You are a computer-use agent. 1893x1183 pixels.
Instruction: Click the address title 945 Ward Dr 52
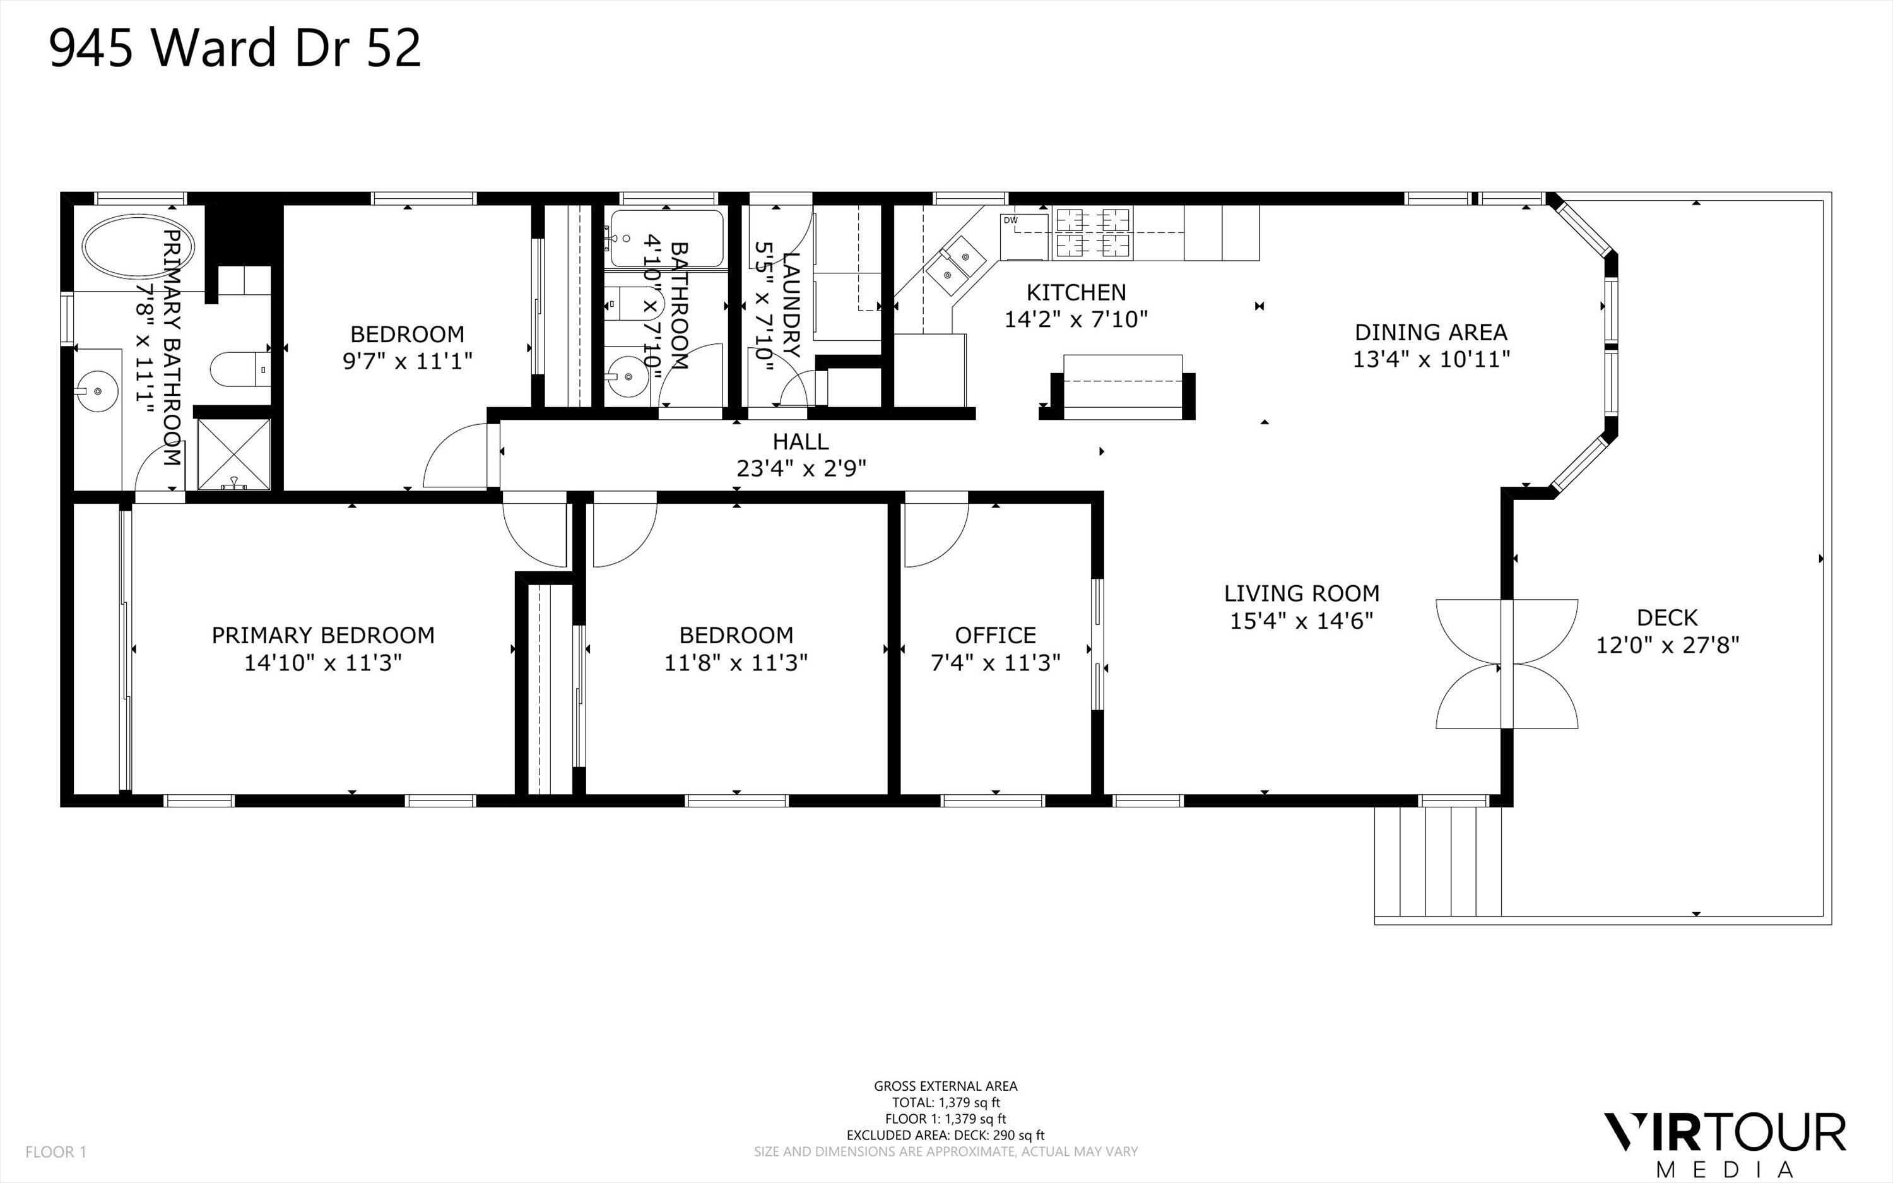(235, 48)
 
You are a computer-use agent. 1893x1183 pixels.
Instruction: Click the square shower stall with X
(233, 454)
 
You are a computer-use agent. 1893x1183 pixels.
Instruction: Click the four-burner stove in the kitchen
(1093, 233)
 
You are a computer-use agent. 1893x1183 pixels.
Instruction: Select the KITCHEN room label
(1076, 293)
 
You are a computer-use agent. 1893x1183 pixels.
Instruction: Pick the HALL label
(801, 441)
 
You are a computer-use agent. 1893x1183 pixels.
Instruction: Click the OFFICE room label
(994, 634)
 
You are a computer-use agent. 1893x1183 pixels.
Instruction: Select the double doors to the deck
(1507, 664)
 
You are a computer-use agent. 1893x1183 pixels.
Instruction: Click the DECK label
(1667, 618)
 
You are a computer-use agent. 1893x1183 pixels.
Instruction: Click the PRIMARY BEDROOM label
(323, 634)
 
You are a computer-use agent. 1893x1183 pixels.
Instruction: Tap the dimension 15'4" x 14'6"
(1301, 621)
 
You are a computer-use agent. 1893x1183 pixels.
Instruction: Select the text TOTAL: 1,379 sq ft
(945, 1102)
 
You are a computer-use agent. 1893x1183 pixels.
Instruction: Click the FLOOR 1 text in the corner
(56, 1151)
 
